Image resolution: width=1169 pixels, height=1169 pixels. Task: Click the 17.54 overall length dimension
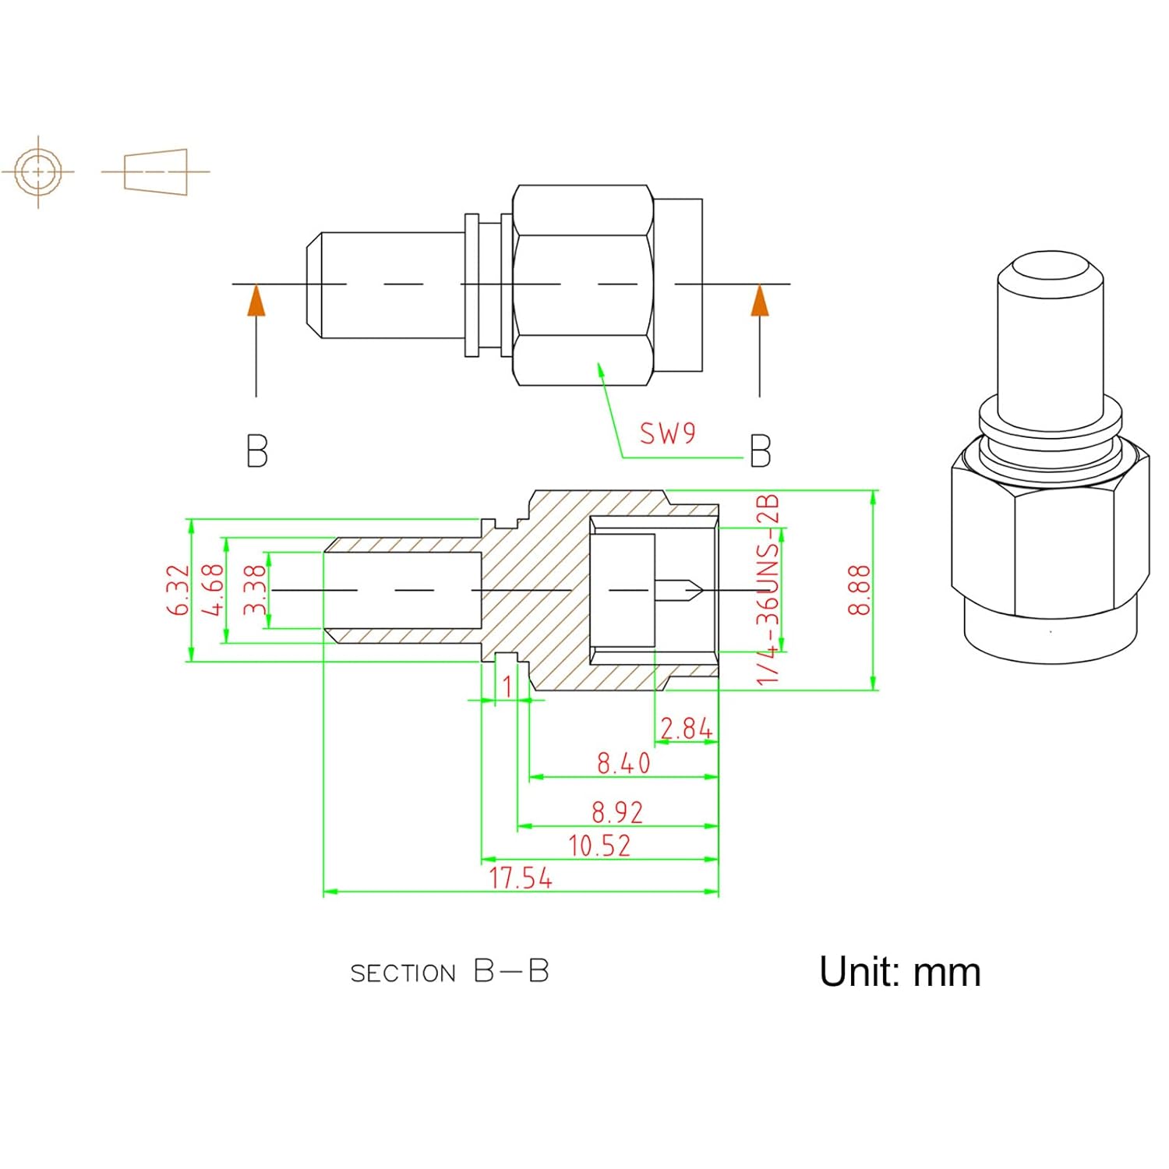[x=521, y=878]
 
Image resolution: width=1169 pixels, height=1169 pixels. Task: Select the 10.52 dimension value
[x=599, y=846]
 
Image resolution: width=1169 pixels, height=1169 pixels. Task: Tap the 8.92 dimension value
[x=617, y=812]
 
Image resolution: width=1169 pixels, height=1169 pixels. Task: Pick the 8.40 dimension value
[x=623, y=763]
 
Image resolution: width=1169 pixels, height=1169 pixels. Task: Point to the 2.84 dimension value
[x=686, y=729]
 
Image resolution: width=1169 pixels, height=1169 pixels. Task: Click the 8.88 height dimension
[x=859, y=590]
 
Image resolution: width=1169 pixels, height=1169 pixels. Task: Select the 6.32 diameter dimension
[x=178, y=590]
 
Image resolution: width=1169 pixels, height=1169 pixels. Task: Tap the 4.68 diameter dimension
[x=213, y=590]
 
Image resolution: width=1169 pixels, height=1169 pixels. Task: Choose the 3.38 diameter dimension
[x=255, y=590]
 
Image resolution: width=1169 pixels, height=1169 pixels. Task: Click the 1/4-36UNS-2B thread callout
[x=768, y=589]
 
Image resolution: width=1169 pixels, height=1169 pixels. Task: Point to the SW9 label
[x=667, y=433]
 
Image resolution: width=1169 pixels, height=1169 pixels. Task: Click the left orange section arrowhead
[x=256, y=302]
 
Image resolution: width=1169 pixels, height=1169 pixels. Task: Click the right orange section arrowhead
[x=760, y=302]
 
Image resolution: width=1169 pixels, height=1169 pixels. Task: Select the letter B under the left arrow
[x=256, y=451]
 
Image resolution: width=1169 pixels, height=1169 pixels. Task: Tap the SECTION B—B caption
[x=450, y=972]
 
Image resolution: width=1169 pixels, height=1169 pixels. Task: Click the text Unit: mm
[x=899, y=972]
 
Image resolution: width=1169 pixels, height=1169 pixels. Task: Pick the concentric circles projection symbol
[x=38, y=171]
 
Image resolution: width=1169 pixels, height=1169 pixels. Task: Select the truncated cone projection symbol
[x=156, y=171]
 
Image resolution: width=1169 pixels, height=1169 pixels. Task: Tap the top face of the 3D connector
[x=1050, y=269]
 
